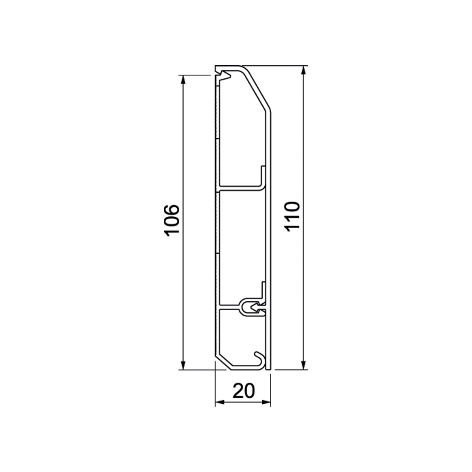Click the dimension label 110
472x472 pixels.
pos(293,216)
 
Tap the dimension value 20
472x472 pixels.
pos(244,391)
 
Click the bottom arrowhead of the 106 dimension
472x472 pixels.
pos(183,365)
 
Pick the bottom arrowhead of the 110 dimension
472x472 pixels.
pos(304,365)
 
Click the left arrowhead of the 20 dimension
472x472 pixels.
pos(220,402)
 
